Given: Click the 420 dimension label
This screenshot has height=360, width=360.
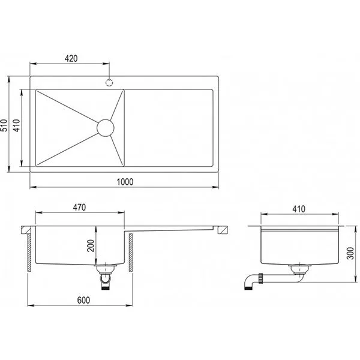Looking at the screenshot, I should click(x=71, y=58).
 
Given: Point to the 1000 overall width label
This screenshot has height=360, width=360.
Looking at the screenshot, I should click(x=125, y=182).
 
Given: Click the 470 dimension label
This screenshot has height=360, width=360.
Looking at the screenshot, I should click(x=80, y=208).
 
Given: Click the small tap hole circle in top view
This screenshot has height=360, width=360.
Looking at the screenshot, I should click(x=110, y=82).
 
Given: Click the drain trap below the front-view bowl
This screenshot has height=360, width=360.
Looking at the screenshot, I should click(x=106, y=277).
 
